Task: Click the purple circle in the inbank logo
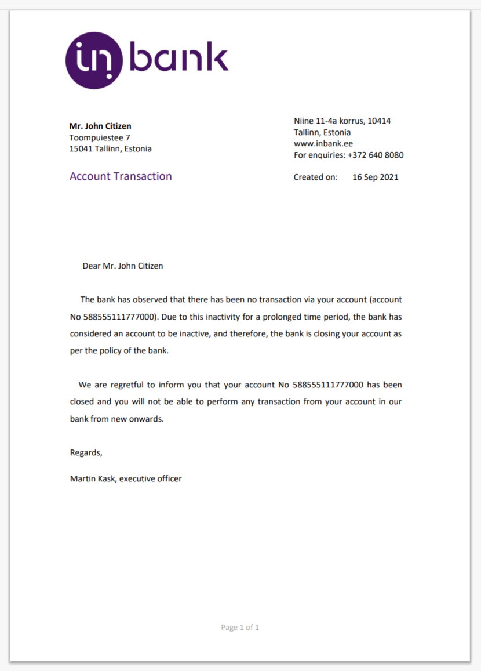(x=93, y=60)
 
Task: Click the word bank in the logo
(x=178, y=58)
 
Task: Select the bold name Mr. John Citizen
(x=100, y=126)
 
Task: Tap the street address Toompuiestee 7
(x=100, y=137)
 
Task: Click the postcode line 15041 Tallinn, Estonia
(x=111, y=148)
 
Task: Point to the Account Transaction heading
(x=121, y=176)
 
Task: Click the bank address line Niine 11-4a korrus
(x=342, y=121)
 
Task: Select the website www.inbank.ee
(x=323, y=143)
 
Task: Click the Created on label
(x=315, y=177)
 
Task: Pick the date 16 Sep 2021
(x=375, y=177)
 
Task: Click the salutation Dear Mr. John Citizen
(x=123, y=266)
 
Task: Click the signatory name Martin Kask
(x=93, y=478)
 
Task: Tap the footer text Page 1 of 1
(x=240, y=627)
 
